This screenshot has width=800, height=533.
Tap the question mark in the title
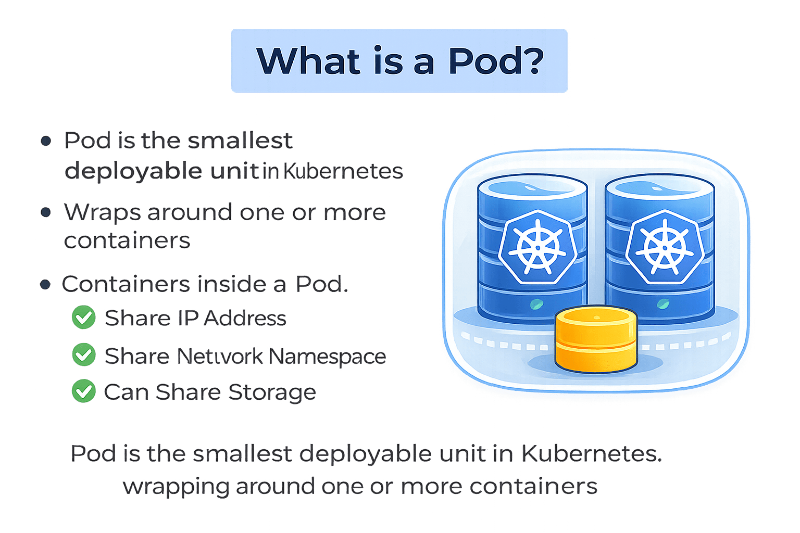(531, 61)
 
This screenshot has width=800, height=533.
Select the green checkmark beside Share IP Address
(83, 318)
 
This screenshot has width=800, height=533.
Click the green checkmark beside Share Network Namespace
(83, 355)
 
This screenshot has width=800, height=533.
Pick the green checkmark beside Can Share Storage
(83, 391)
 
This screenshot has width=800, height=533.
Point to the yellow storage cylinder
(596, 338)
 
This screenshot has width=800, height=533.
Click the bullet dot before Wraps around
(46, 212)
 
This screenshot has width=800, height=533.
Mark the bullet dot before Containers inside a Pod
(46, 284)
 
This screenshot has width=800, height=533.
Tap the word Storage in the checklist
(272, 392)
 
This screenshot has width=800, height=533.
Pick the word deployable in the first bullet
(134, 171)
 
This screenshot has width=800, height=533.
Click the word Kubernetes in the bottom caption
(591, 454)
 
